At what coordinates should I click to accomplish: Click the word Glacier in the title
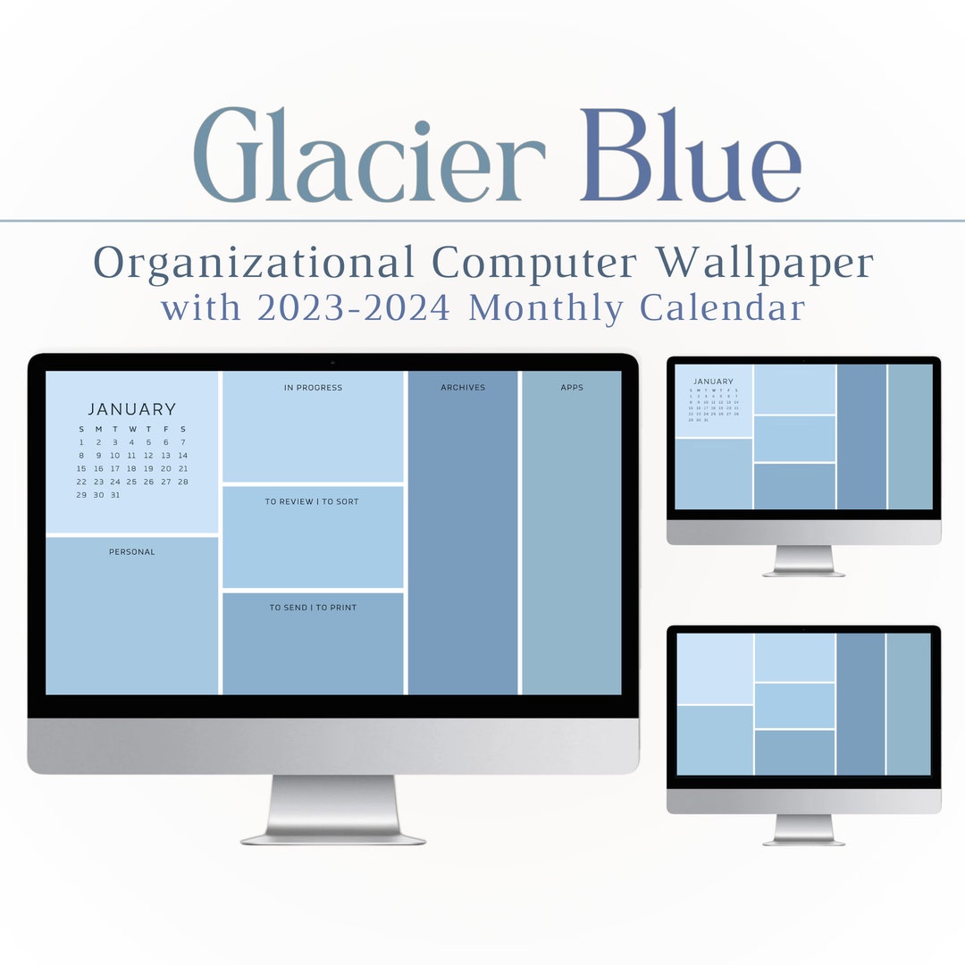coord(368,156)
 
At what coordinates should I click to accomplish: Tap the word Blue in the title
coord(690,156)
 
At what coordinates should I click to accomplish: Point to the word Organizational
coord(254,264)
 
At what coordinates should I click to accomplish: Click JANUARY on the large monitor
coord(132,409)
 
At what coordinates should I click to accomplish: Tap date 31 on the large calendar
coord(115,494)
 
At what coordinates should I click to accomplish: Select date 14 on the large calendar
coord(183,455)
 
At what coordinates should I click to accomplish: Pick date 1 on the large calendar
coord(81,442)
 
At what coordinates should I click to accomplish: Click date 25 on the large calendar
coord(132,482)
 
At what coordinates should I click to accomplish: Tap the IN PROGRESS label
coord(313,388)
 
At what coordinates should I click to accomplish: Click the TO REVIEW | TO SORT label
coord(312,502)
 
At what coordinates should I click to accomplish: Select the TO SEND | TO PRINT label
coord(313,608)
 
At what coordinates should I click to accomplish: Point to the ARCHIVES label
coord(463,388)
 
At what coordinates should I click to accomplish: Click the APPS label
coord(572,388)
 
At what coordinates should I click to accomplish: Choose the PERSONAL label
coord(132,552)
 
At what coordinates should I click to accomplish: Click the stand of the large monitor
coord(332,809)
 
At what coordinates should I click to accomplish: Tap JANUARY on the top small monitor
coord(713,382)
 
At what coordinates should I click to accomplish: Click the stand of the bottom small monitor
coord(803,829)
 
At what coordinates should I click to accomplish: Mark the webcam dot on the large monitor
coord(332,362)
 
